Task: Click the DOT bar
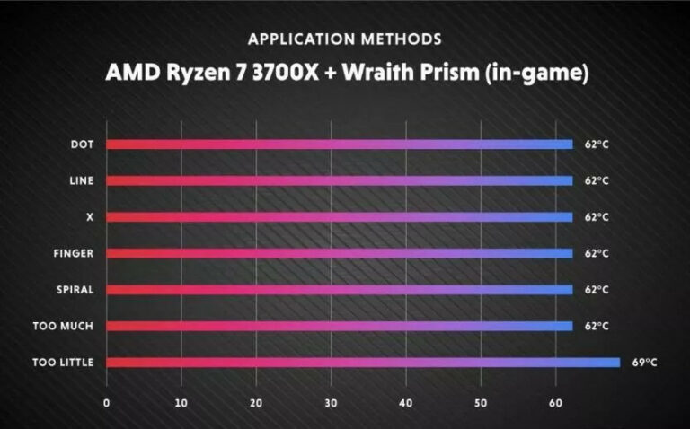coord(340,144)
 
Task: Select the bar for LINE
coord(340,180)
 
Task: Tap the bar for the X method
coord(340,216)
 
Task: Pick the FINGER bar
coord(340,253)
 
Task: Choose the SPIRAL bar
coord(340,289)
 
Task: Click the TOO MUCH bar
coord(340,326)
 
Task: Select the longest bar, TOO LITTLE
coord(363,362)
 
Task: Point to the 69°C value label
coord(643,363)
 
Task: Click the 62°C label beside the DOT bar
coord(597,144)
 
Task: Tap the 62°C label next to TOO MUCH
coord(597,326)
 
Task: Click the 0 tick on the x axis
coord(107,403)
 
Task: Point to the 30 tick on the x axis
coord(332,403)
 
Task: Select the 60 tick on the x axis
coord(556,403)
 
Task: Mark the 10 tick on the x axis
coord(181,403)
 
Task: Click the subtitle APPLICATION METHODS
coord(345,39)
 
